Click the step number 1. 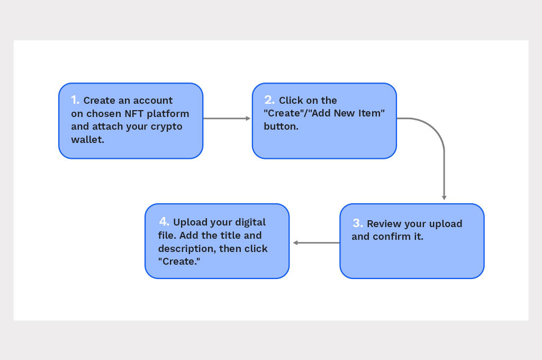75,100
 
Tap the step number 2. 269,100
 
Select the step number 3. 357,223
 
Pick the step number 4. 164,221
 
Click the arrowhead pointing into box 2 248,119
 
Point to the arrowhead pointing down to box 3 444,197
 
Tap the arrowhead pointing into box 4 296,243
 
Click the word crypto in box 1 166,127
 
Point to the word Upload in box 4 189,222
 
